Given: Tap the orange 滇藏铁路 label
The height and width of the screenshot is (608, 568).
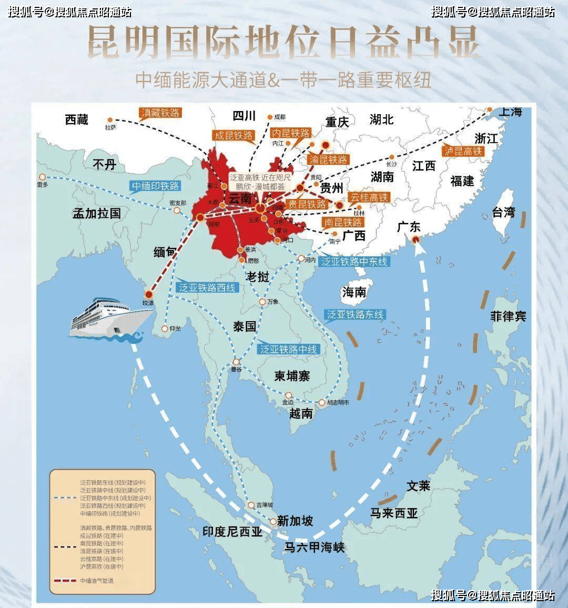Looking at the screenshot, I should (160, 113).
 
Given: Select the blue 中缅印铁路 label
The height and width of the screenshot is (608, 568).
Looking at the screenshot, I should (155, 186).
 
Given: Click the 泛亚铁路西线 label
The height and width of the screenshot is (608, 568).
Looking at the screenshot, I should (207, 287).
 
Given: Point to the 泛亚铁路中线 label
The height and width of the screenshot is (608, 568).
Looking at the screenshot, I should (289, 349).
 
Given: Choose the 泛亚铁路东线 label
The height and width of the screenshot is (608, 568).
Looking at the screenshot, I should (356, 315).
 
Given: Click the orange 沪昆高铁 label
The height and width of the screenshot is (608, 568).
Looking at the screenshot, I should (462, 151).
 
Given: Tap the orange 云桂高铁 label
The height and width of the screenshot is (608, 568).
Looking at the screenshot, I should (369, 197).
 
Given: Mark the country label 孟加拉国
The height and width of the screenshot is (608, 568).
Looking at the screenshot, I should (97, 213).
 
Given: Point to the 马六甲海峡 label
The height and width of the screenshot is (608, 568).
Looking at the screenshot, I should (315, 547).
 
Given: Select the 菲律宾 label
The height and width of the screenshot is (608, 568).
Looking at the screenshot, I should (508, 316).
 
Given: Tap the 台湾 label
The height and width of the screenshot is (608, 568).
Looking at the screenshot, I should (503, 212).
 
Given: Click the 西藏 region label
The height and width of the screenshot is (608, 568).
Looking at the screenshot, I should (77, 119).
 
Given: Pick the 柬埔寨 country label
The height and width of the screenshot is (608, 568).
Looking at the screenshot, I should (292, 376).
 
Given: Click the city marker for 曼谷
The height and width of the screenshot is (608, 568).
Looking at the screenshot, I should (237, 362).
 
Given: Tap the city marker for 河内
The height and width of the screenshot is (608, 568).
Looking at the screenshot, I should (301, 258).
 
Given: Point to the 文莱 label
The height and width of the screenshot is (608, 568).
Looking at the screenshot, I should (418, 486).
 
